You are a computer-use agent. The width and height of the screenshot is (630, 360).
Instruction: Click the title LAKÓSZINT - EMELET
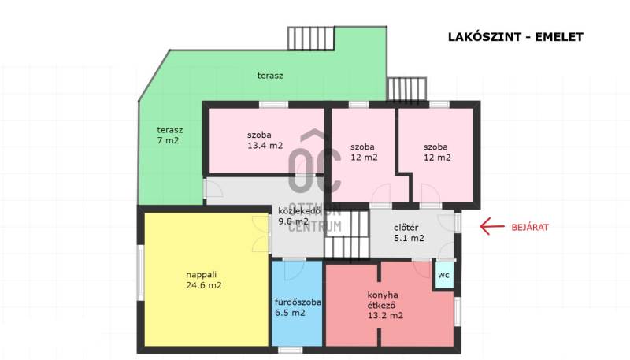click(516, 37)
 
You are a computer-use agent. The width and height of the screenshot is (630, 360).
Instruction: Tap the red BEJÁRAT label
click(529, 228)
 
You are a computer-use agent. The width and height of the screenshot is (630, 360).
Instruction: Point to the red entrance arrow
click(491, 227)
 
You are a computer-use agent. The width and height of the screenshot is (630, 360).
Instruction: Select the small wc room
click(444, 275)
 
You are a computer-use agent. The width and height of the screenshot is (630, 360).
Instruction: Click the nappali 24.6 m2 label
click(204, 280)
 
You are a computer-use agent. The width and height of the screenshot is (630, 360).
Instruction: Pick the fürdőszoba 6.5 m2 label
click(298, 307)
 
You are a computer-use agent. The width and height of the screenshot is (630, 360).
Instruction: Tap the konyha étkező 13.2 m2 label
click(385, 305)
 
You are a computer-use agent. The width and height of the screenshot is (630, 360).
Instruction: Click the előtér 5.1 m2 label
click(409, 232)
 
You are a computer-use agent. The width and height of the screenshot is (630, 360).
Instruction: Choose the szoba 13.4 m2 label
click(265, 140)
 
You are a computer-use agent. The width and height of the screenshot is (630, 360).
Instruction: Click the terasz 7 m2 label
click(169, 135)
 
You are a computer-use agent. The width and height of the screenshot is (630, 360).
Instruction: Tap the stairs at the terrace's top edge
click(311, 38)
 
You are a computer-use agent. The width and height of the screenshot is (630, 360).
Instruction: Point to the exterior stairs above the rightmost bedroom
click(406, 89)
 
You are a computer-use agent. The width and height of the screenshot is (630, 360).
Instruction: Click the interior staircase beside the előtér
click(346, 235)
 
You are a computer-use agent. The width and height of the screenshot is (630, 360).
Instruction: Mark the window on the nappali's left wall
click(141, 273)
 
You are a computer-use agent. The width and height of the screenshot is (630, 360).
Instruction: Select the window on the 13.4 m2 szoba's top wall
click(273, 105)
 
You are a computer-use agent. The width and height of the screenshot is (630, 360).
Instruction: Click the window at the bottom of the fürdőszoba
click(290, 350)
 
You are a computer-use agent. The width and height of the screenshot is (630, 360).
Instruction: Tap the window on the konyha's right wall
click(458, 311)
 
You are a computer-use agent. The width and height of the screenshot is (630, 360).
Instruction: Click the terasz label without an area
click(270, 76)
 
